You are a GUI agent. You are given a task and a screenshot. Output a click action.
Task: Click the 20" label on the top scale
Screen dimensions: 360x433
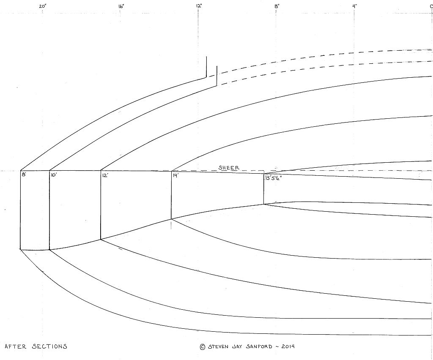[x=42, y=6]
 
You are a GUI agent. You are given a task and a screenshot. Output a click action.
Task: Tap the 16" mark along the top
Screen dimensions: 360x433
[x=121, y=6]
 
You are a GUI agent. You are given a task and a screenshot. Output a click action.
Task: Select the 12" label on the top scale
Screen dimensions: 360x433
[x=199, y=6]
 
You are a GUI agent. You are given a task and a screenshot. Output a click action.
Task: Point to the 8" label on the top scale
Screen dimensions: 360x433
[x=277, y=6]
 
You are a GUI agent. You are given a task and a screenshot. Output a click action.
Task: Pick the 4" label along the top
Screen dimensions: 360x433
[x=354, y=6]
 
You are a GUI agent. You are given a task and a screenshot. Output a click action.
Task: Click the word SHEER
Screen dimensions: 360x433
[x=229, y=168]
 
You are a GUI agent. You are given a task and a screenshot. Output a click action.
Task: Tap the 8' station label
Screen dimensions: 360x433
[x=24, y=174]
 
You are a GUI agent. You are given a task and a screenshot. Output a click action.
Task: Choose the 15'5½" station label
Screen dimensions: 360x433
[x=273, y=178]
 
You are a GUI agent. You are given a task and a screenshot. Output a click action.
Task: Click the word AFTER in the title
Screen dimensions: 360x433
[x=15, y=346]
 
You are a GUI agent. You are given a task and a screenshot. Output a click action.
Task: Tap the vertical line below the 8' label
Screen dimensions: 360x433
[x=21, y=211]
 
